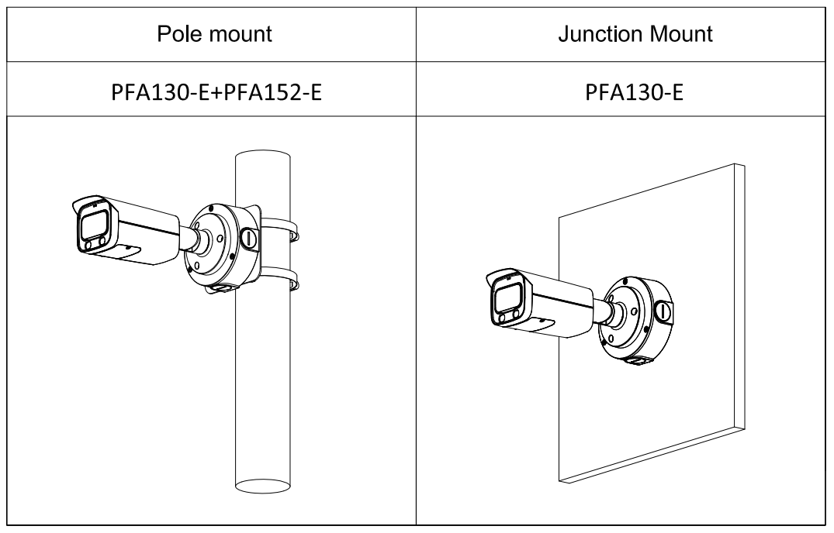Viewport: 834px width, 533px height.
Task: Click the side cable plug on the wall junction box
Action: (x=664, y=311)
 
